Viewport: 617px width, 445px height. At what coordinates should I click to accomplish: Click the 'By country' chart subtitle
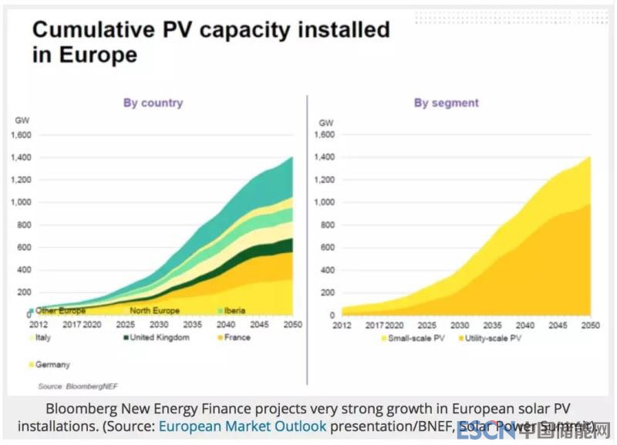[x=153, y=103]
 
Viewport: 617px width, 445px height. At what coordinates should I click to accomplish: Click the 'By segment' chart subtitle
[x=446, y=103]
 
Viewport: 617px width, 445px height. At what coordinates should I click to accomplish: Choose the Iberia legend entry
[x=231, y=311]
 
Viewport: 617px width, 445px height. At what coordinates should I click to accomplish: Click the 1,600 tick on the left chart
[x=21, y=135]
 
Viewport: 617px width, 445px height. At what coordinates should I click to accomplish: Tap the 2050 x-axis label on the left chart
[x=292, y=325]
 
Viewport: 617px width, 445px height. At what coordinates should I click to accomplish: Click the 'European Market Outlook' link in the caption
[x=242, y=426]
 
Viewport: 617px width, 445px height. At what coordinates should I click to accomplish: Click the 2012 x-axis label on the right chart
[x=342, y=325]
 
